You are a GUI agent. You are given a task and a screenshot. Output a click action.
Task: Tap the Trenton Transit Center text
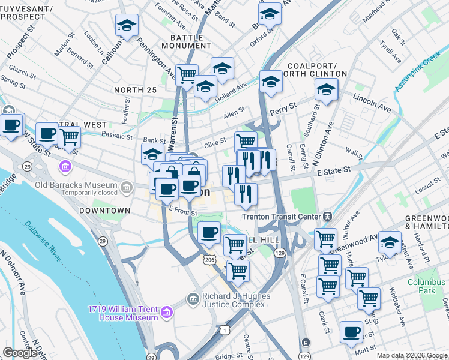(282, 216)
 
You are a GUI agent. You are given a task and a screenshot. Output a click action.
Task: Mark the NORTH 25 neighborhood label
(135, 90)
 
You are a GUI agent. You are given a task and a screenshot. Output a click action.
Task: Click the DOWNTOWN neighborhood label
(104, 211)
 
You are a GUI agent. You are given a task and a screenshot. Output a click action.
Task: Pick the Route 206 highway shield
(208, 259)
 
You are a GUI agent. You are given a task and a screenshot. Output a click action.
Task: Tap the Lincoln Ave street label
(372, 103)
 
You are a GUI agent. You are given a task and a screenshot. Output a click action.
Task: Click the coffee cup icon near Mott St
(351, 332)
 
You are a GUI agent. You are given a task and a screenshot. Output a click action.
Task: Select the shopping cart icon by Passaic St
(70, 136)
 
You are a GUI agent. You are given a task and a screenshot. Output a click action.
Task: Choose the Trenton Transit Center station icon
(327, 216)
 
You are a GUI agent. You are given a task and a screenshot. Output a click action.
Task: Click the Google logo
(19, 352)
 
